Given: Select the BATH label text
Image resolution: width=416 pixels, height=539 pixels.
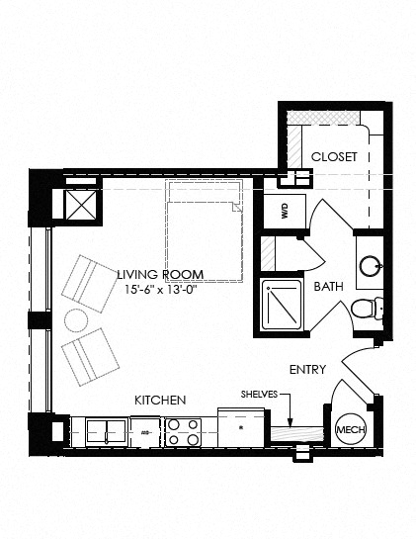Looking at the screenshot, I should coord(328,287).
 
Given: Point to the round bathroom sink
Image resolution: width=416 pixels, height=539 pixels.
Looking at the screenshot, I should coord(372,266).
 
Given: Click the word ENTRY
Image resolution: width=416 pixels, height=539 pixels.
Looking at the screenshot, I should coord(307,369).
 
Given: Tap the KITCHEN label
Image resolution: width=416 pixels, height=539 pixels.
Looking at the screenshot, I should coord(160,400).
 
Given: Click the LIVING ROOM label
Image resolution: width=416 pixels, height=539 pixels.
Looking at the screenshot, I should coord(160,274).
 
